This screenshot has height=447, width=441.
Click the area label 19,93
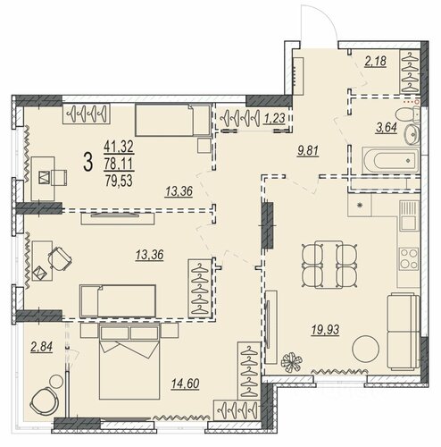(325, 330)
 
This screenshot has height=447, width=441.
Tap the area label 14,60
(185, 384)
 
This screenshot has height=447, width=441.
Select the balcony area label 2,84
(42, 347)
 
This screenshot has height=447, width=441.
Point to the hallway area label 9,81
(308, 151)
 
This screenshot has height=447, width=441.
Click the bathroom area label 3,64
(387, 128)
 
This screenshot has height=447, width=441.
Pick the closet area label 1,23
(275, 118)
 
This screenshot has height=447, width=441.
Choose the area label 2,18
(376, 61)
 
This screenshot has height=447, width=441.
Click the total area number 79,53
(119, 181)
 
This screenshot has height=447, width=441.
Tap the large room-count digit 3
(88, 162)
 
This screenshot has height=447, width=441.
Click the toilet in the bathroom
(408, 114)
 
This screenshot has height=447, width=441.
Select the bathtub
(390, 160)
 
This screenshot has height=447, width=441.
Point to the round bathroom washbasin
(412, 135)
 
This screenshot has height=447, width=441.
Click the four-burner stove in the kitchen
(409, 257)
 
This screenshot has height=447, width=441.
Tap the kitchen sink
(409, 215)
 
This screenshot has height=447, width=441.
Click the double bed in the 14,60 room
(129, 361)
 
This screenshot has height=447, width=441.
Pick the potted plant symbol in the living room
(291, 361)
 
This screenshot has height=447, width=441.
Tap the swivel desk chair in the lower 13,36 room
(60, 258)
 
